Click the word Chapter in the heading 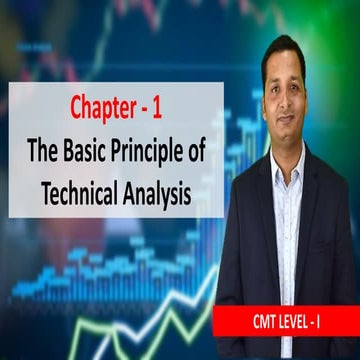point(102,106)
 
